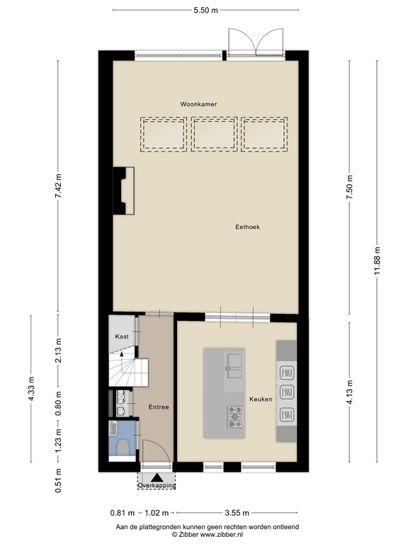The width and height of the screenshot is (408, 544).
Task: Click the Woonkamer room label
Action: tap(198, 104)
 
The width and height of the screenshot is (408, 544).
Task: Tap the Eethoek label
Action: tap(248, 227)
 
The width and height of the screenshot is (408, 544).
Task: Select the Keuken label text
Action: tap(261, 399)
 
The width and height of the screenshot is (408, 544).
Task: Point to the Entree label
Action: tap(158, 407)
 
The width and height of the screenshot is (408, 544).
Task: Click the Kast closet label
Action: tap(122, 337)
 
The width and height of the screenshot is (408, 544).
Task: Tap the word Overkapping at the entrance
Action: tap(157, 486)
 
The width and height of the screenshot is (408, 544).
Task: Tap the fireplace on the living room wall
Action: tap(123, 191)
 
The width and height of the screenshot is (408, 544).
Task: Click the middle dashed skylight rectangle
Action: tap(214, 134)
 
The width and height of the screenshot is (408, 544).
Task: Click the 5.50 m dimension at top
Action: tap(205, 11)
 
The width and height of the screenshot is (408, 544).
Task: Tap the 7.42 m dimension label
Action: tap(59, 186)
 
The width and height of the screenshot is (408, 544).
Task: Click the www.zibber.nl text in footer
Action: tap(226, 535)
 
